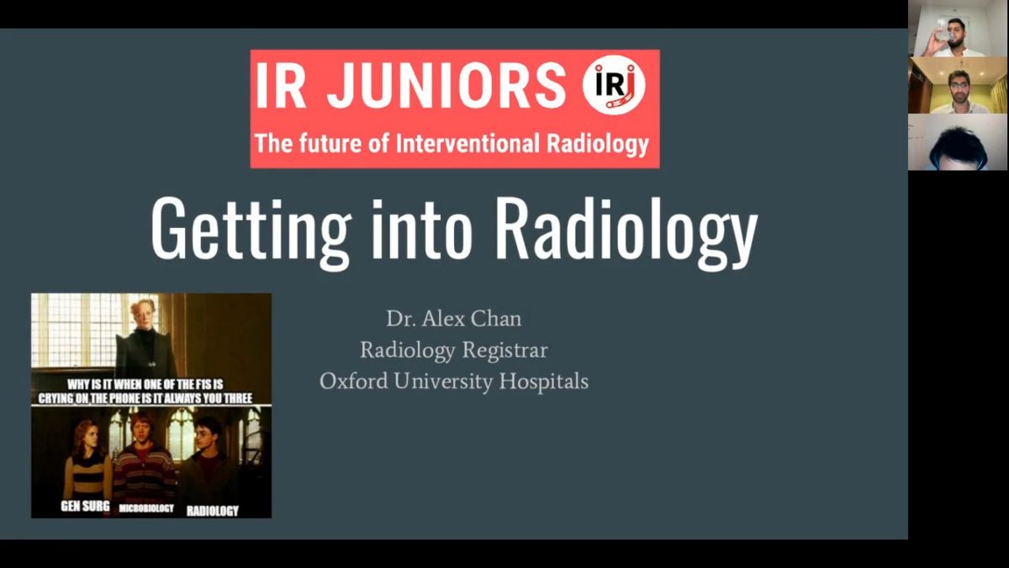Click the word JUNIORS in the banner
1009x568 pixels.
point(446,85)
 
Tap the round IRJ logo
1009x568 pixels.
point(614,85)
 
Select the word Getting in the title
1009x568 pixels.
point(251,230)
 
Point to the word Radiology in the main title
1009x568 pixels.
point(629,230)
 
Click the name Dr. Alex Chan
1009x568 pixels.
point(454,319)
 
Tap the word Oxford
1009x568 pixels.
point(354,381)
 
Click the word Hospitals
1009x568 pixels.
point(544,382)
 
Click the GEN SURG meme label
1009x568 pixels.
point(85,507)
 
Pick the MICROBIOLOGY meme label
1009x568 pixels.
point(146,508)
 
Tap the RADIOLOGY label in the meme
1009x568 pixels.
point(213,511)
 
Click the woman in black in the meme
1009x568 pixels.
point(145,340)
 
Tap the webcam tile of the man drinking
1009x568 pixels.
point(957,29)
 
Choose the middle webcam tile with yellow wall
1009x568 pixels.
point(957,85)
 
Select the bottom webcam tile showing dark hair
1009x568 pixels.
point(957,142)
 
